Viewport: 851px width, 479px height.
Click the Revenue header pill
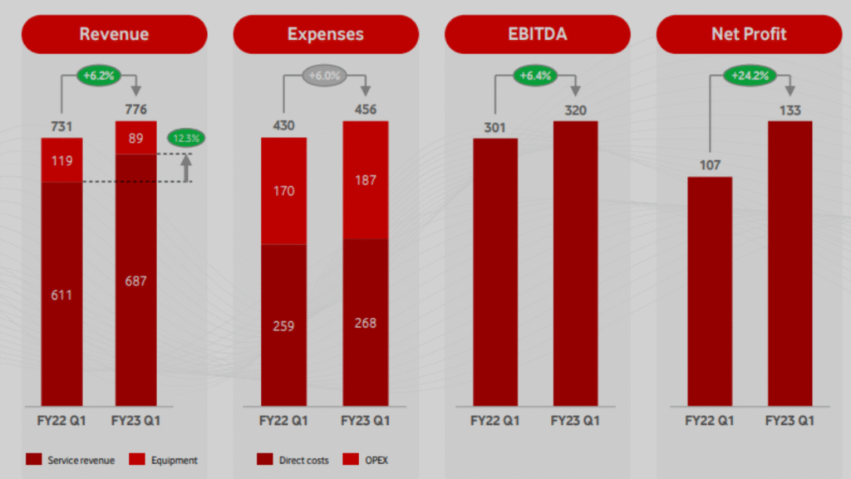click(x=114, y=34)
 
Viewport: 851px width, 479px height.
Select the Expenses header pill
click(x=325, y=34)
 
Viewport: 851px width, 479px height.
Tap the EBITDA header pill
click(x=537, y=34)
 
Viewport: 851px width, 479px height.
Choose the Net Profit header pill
click(x=748, y=34)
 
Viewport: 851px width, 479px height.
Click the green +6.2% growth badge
click(x=100, y=76)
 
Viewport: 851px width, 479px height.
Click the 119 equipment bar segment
click(x=62, y=159)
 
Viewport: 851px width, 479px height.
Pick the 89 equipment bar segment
click(x=136, y=137)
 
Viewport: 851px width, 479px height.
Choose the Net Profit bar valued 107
click(x=710, y=291)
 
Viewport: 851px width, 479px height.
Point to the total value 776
click(x=136, y=109)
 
